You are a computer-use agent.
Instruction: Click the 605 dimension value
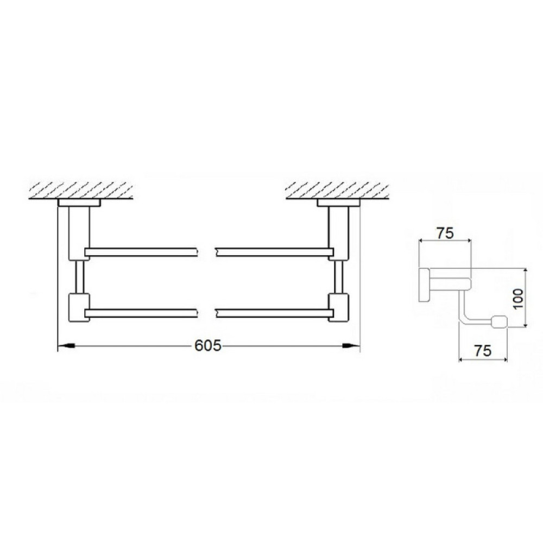click(x=207, y=345)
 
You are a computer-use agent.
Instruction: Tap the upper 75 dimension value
click(x=445, y=233)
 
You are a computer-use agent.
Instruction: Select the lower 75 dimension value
click(x=483, y=351)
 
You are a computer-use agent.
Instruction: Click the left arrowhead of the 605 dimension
click(x=66, y=345)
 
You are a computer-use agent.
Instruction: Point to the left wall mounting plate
click(x=79, y=203)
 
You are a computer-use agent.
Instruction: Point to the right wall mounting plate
click(x=338, y=203)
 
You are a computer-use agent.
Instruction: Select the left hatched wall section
click(x=81, y=190)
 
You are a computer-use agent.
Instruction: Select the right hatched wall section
click(x=337, y=190)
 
